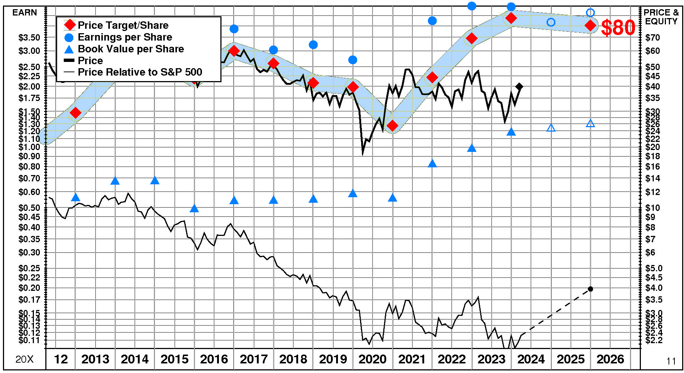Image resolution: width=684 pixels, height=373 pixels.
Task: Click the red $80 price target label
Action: pyautogui.click(x=618, y=28)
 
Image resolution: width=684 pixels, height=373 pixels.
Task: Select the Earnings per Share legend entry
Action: pyautogui.click(x=125, y=37)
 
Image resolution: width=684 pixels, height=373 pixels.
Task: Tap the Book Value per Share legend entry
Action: pyautogui.click(x=131, y=49)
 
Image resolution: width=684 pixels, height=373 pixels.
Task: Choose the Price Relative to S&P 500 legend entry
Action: pyautogui.click(x=140, y=72)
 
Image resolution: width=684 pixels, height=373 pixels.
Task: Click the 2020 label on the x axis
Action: pyautogui.click(x=372, y=359)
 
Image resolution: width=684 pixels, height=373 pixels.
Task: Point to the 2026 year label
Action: pyautogui.click(x=610, y=359)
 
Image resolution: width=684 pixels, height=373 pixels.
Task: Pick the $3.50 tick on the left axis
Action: pyautogui.click(x=29, y=38)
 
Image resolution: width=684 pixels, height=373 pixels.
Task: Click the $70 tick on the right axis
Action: pyautogui.click(x=653, y=38)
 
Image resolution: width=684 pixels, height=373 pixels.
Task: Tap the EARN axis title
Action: pyautogui.click(x=25, y=13)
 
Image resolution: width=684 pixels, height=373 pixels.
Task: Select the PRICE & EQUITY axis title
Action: pyautogui.click(x=661, y=17)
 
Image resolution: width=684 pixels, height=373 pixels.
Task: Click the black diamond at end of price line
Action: pyautogui.click(x=519, y=87)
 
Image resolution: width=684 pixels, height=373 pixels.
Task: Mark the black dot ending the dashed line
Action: pyautogui.click(x=590, y=289)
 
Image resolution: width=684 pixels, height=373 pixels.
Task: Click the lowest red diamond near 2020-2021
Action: pyautogui.click(x=392, y=126)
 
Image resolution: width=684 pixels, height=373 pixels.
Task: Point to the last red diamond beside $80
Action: pyautogui.click(x=590, y=25)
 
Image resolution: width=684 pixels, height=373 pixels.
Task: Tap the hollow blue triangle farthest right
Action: pyautogui.click(x=590, y=124)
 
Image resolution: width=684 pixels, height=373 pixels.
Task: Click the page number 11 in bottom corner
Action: pyautogui.click(x=671, y=361)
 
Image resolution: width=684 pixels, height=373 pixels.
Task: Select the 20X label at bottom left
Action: pyautogui.click(x=24, y=359)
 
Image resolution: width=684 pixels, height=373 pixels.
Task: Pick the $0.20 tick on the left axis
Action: pyautogui.click(x=29, y=288)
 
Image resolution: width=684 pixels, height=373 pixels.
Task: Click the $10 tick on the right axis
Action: pyautogui.click(x=653, y=208)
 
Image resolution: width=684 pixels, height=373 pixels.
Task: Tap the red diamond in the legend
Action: pyautogui.click(x=69, y=25)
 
